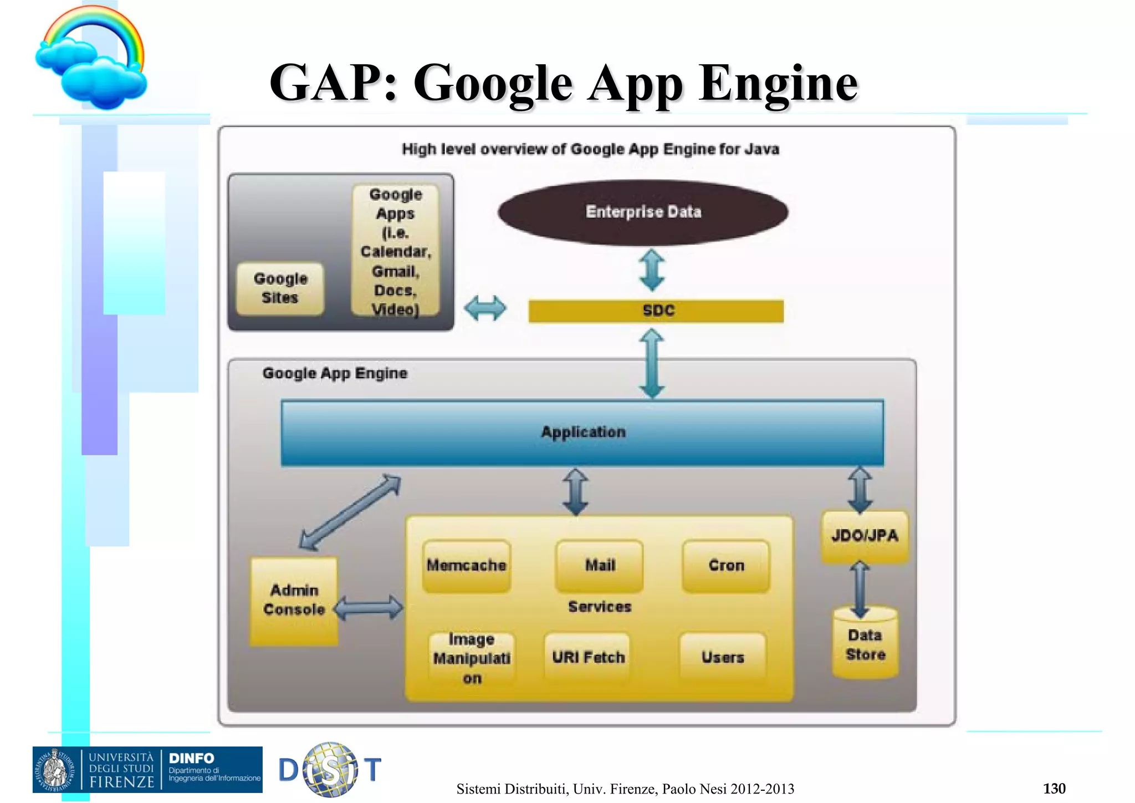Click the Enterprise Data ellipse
pos(643,212)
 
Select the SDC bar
pos(656,311)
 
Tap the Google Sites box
pos(280,288)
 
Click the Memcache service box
pos(466,566)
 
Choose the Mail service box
pos(600,566)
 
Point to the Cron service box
pos(726,566)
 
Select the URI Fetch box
pos(587,657)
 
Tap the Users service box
pos(723,657)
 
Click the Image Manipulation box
pos(472,658)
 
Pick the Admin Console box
pos(294,601)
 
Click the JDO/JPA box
pos(865,536)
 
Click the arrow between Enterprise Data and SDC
pos(652,270)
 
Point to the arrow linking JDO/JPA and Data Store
pos(860,589)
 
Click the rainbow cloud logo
pos(91,58)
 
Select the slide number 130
pos(1054,788)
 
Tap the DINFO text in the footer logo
pos(191,758)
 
